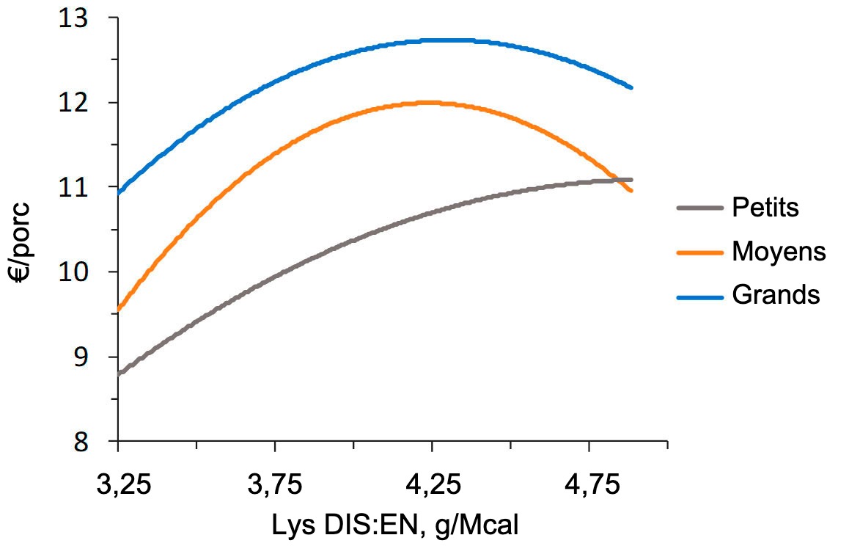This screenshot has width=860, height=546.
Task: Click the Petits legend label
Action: (765, 208)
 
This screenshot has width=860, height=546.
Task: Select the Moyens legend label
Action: (779, 252)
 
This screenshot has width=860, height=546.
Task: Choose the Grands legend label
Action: (775, 295)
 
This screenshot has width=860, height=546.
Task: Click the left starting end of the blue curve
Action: (119, 192)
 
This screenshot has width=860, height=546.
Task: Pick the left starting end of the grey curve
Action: (119, 374)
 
